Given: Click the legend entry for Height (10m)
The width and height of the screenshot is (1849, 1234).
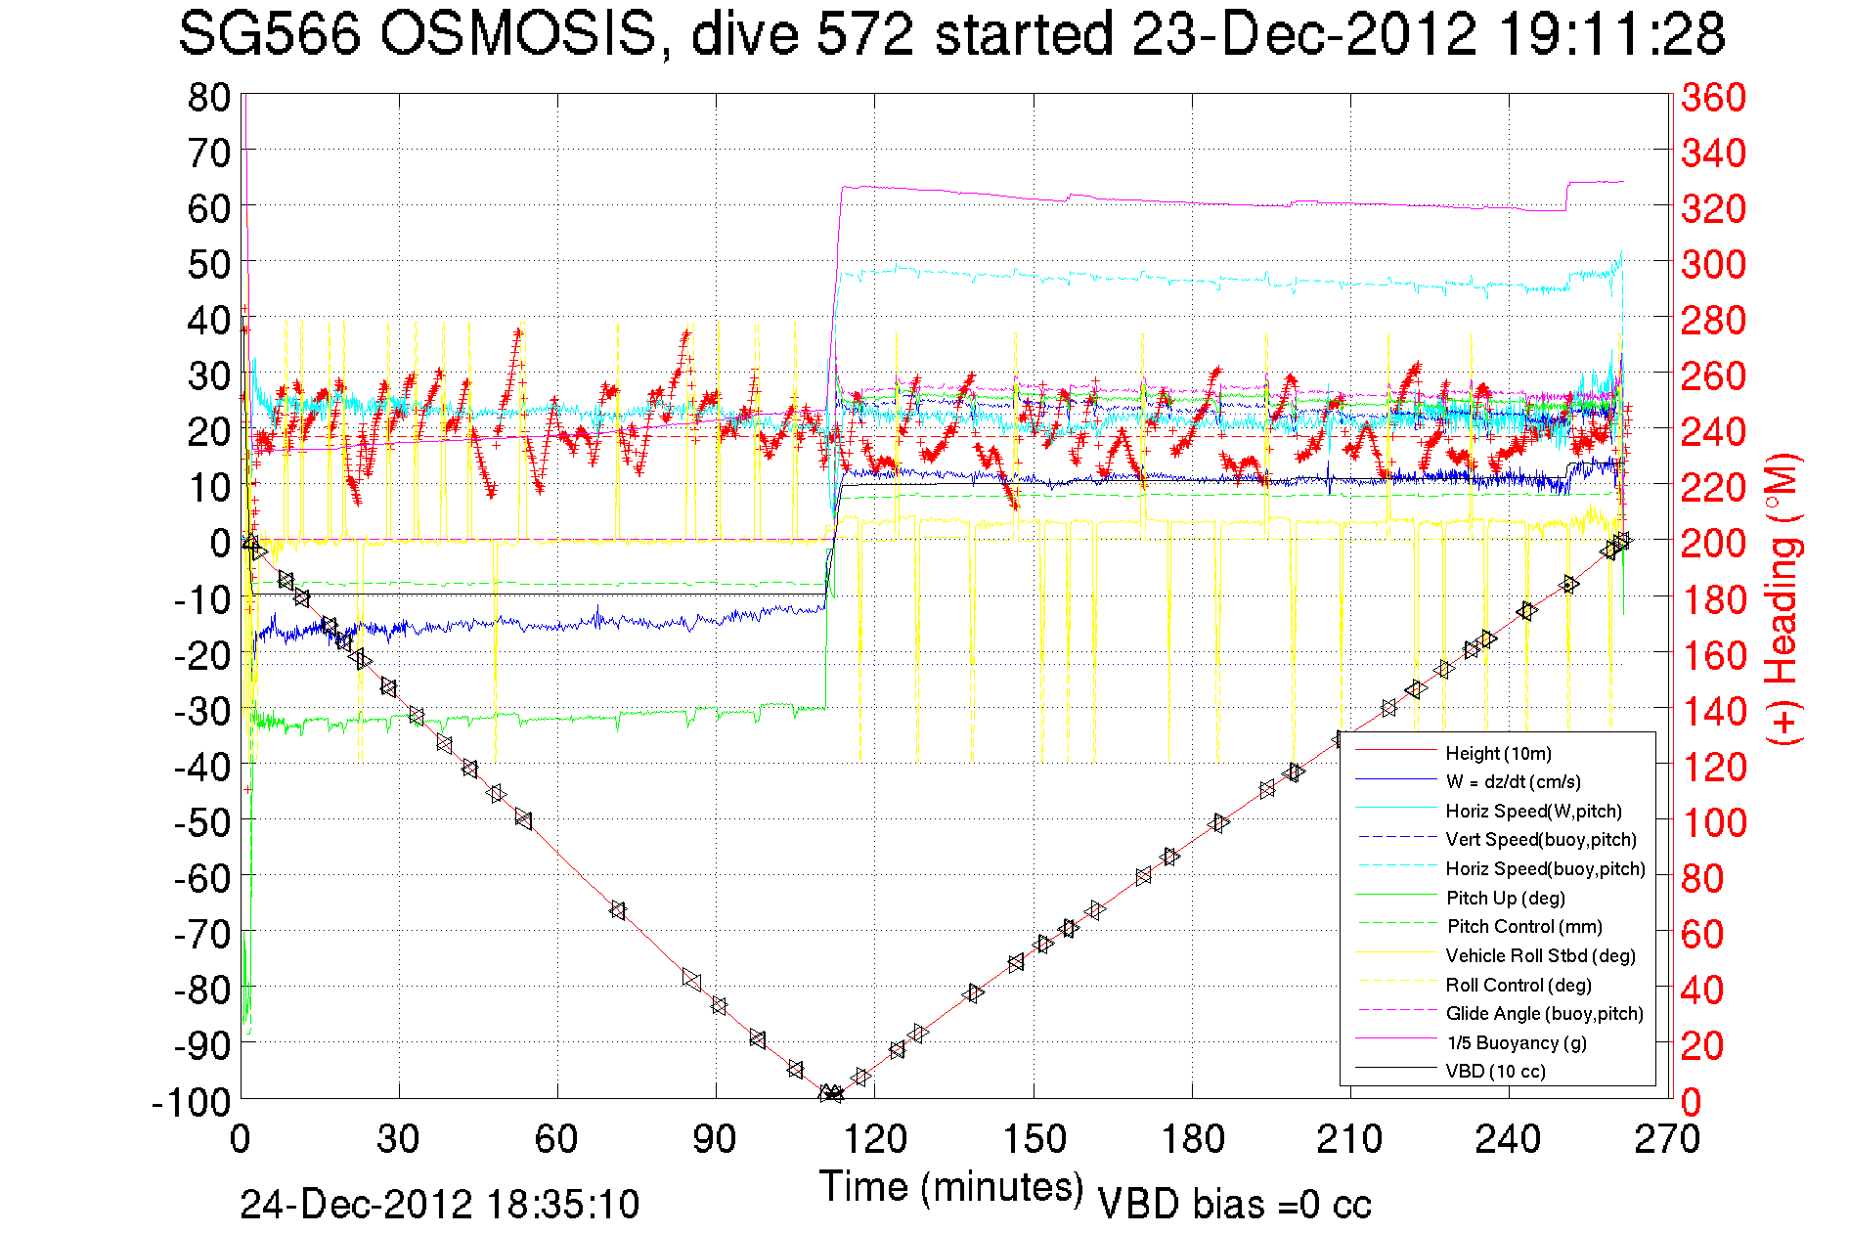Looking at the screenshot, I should point(1498,753).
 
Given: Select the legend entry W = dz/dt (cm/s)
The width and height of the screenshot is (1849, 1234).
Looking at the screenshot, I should point(1513,781).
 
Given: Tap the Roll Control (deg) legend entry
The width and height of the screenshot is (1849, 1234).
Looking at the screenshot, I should point(1518,985).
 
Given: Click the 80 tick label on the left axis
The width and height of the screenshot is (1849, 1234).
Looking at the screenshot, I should point(208,97).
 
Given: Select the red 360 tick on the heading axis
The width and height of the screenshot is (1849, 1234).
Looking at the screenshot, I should point(1713,97).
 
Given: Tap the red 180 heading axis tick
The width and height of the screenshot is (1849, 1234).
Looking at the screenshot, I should point(1713,599).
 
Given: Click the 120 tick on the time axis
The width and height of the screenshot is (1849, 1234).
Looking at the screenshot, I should point(875,1139).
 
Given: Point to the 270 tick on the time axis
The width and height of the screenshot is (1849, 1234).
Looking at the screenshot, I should point(1668,1139).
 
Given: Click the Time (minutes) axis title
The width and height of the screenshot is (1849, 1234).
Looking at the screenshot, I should point(950,1187).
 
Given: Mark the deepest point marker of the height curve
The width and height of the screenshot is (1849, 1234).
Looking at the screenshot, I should point(831,1093).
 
